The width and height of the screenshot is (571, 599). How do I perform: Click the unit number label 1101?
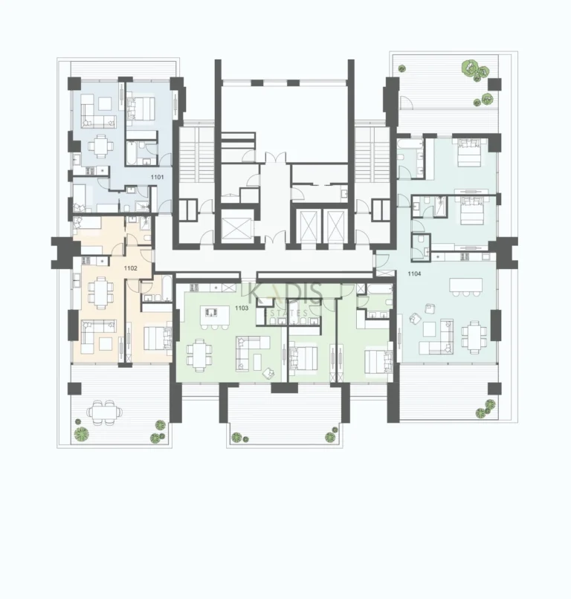[x=157, y=178]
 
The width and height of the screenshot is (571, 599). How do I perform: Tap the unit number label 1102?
[x=131, y=268]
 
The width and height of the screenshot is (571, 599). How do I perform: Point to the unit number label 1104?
[x=416, y=273]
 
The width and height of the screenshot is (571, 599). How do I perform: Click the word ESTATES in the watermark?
[x=285, y=302]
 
